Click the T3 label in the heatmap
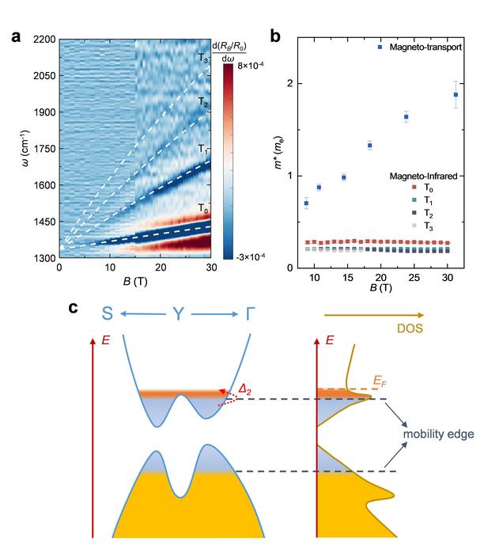tap(203, 58)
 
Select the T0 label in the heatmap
tap(203, 209)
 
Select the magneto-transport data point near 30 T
tap(456, 95)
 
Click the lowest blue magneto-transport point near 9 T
tap(306, 203)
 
